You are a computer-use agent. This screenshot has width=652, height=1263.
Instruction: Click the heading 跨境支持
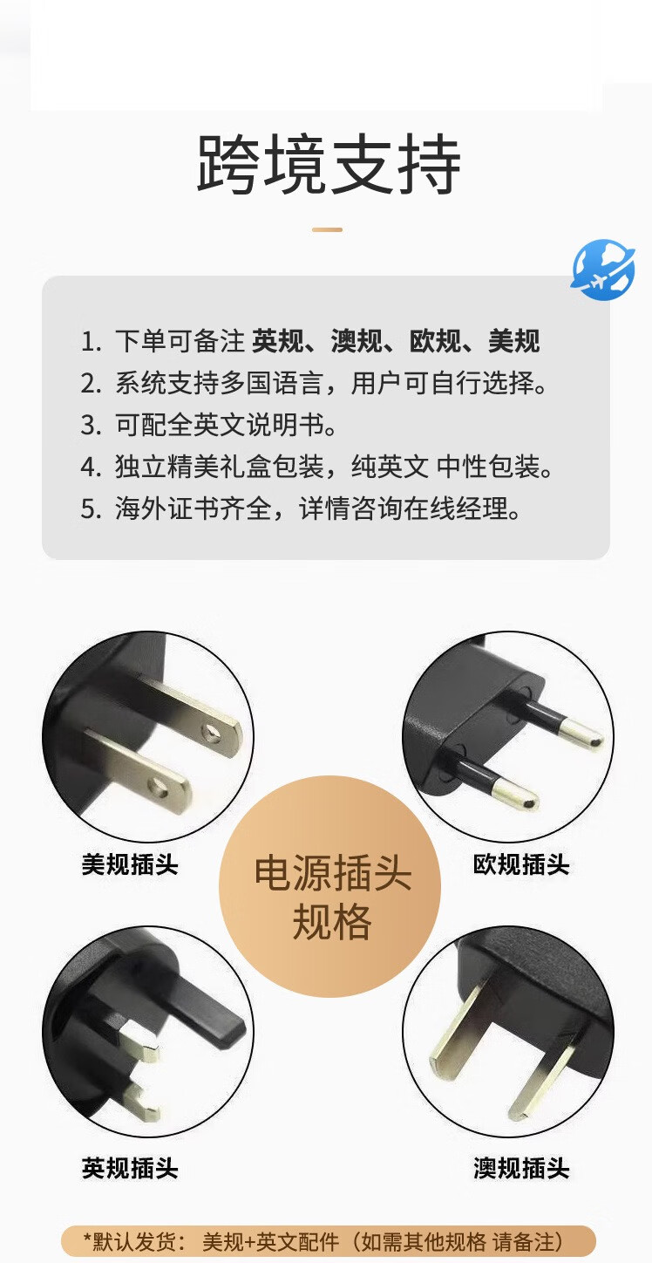(x=329, y=164)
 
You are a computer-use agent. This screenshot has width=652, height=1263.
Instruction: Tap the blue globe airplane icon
(x=603, y=270)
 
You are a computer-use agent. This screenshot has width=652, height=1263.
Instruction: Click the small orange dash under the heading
(x=328, y=229)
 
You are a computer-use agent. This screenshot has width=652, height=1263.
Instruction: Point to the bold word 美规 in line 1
(x=514, y=341)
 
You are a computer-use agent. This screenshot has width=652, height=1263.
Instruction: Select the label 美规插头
(x=130, y=864)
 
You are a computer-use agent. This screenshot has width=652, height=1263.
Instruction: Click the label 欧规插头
(x=521, y=864)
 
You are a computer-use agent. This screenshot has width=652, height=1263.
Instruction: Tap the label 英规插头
(x=130, y=1168)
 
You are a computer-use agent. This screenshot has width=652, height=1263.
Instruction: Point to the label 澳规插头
(x=521, y=1168)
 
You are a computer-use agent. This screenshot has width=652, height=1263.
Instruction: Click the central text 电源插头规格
(x=332, y=898)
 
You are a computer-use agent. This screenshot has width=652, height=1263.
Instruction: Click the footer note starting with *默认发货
(x=327, y=1241)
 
